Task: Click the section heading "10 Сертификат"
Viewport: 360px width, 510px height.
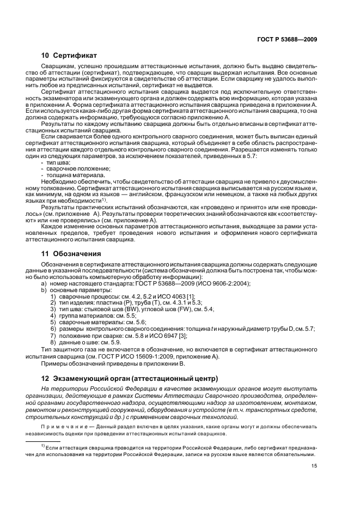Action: click(69, 56)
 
